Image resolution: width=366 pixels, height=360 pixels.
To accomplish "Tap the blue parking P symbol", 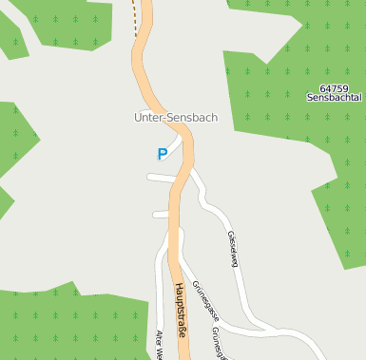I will click(x=163, y=153).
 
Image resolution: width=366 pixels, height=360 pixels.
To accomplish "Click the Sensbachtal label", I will click(x=335, y=98).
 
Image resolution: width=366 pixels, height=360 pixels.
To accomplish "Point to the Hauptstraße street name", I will click(x=179, y=310).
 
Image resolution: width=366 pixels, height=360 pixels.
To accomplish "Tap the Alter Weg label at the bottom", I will click(x=160, y=343).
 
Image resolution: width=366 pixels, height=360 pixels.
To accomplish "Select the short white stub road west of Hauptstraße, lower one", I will click(x=160, y=215).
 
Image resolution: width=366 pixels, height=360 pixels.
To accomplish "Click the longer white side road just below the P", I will click(x=162, y=178).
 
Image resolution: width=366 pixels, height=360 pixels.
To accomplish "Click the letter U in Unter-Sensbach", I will click(x=139, y=118).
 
